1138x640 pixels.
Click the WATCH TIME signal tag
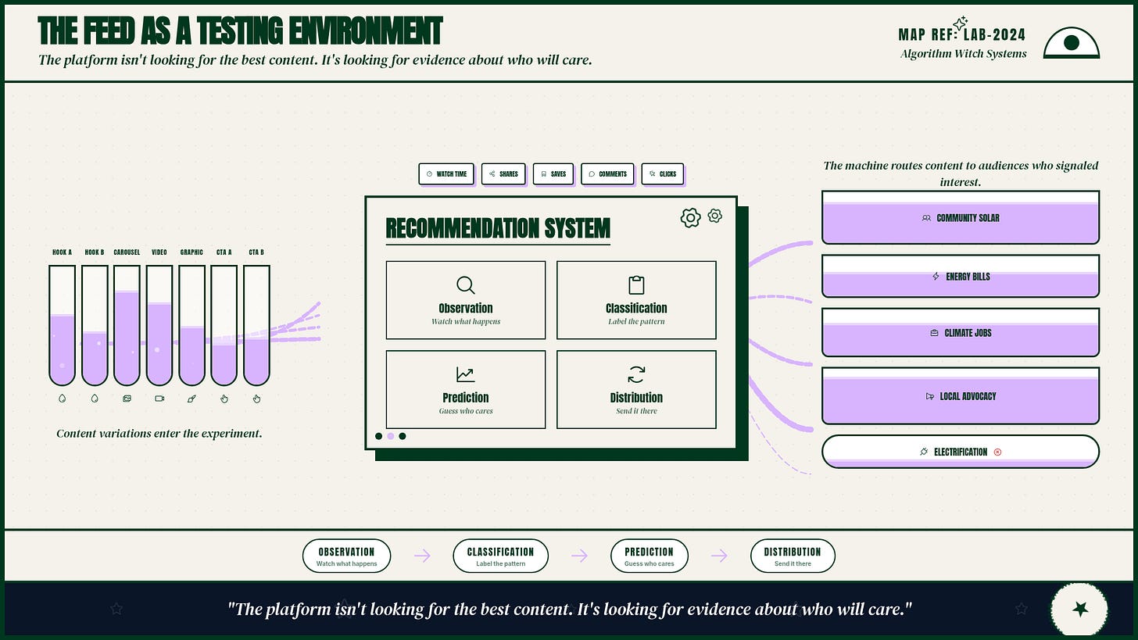(446, 173)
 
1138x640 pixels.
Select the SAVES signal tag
(553, 173)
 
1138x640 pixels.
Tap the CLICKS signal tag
(663, 173)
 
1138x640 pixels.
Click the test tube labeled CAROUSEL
(127, 325)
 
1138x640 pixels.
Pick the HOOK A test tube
(62, 325)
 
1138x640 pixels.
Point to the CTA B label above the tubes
(256, 252)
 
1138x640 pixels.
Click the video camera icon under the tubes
(159, 399)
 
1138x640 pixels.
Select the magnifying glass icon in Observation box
(465, 285)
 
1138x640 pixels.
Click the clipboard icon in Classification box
(636, 285)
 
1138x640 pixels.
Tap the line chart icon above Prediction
(465, 374)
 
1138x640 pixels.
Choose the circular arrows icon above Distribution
(636, 374)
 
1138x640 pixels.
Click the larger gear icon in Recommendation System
(690, 217)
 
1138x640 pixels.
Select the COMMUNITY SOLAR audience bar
(960, 217)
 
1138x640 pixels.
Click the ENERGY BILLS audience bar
(960, 277)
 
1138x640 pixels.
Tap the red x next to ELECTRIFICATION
(998, 452)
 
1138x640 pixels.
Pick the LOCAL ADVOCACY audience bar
(960, 395)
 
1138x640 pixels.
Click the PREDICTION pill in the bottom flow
(650, 556)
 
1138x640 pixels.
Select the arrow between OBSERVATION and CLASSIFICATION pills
(422, 556)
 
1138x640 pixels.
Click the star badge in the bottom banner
(1079, 609)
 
